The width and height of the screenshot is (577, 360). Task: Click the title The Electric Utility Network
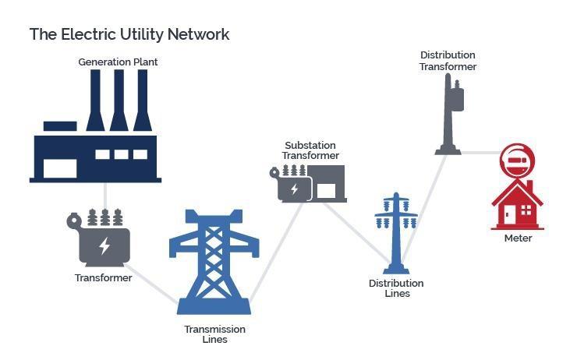pyautogui.click(x=129, y=34)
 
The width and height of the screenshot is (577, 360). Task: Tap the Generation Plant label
pyautogui.click(x=118, y=62)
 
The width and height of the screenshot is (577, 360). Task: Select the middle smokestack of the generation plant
pyautogui.click(x=119, y=101)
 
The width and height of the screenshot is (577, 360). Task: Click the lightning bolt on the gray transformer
pyautogui.click(x=104, y=247)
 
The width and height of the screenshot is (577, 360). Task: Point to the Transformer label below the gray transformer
pyautogui.click(x=103, y=277)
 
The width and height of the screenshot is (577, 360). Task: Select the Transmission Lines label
pyautogui.click(x=214, y=334)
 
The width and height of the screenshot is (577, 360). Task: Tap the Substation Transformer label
pyautogui.click(x=310, y=150)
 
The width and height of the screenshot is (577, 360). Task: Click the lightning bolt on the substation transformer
pyautogui.click(x=294, y=189)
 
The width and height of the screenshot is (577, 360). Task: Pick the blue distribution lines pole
pyautogui.click(x=396, y=234)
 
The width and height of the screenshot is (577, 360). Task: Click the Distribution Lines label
pyautogui.click(x=396, y=288)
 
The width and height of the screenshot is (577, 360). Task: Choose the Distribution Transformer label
pyautogui.click(x=448, y=61)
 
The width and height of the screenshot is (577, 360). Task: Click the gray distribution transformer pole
pyautogui.click(x=449, y=117)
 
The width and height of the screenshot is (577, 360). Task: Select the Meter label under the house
pyautogui.click(x=518, y=238)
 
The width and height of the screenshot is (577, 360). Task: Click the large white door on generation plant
pyautogui.click(x=60, y=168)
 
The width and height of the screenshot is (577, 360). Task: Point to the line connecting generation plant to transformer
pyautogui.click(x=104, y=195)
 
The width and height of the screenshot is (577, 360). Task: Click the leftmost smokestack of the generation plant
pyautogui.click(x=95, y=101)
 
